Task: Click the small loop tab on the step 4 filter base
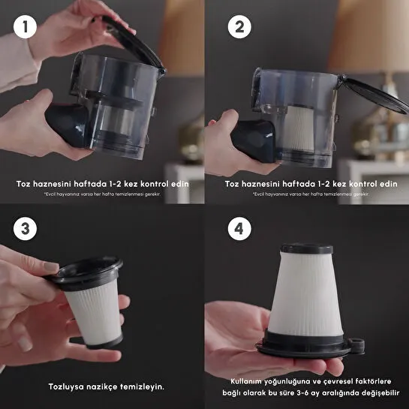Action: [357, 346]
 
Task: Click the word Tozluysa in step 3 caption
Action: [68, 387]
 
